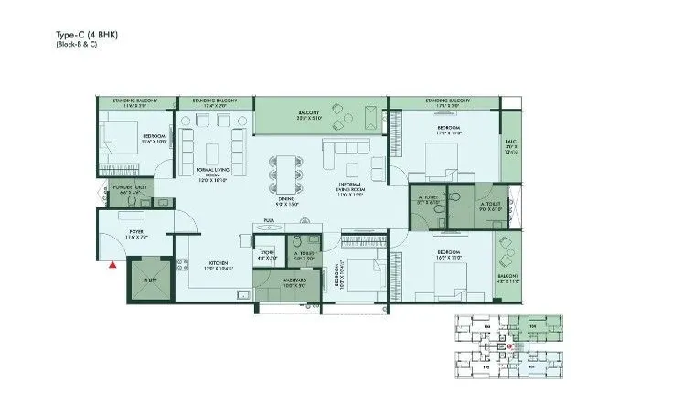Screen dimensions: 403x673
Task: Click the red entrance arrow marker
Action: [112, 265]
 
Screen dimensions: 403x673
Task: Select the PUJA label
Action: [269, 220]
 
